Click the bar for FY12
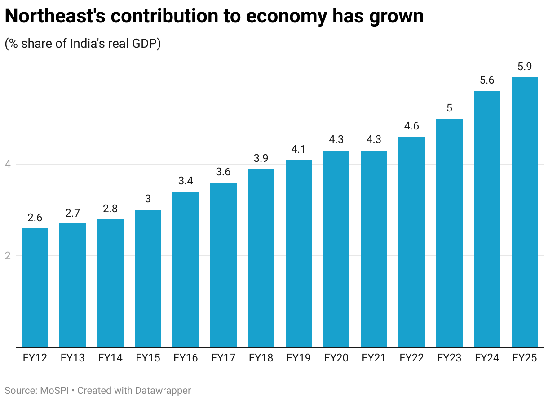(x=35, y=288)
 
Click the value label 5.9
(x=525, y=67)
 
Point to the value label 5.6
(x=487, y=80)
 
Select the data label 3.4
(x=186, y=181)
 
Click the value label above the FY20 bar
(x=336, y=140)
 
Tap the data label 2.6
(x=35, y=218)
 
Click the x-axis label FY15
(x=148, y=358)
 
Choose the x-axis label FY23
(x=449, y=358)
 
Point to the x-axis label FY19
(x=299, y=358)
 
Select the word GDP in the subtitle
(x=144, y=44)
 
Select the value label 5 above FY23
(x=449, y=108)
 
